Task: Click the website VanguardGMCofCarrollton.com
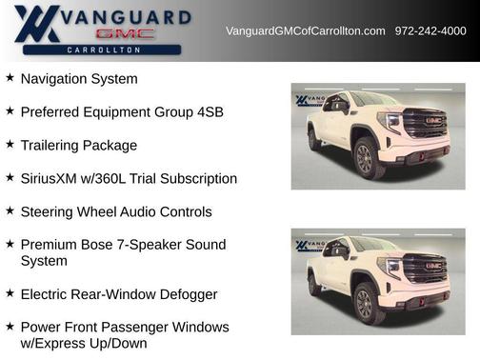pos(305,31)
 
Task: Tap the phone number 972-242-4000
pos(430,31)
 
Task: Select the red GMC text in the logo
pos(124,33)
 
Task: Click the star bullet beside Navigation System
pos(10,78)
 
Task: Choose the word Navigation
pos(55,79)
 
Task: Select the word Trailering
pos(53,146)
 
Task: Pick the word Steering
pos(49,211)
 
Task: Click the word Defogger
pos(187,294)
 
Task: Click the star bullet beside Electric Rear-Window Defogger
pos(10,293)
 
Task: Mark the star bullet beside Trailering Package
pos(10,145)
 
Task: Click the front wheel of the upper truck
pos(364,159)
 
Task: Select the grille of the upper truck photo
pos(425,125)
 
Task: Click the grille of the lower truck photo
pos(425,269)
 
